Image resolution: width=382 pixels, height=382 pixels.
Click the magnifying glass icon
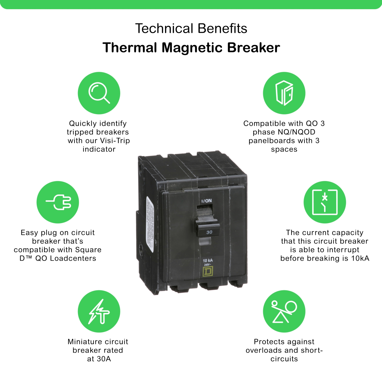[99, 93]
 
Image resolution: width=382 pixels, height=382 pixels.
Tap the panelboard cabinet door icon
[284, 93]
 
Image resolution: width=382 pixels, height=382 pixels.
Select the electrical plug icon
[58, 202]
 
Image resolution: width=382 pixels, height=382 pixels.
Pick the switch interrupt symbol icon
[325, 202]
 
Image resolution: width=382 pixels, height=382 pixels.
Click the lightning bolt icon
[99, 311]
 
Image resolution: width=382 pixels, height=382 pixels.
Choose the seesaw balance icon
[284, 311]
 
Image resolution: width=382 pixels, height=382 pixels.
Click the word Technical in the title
[164, 28]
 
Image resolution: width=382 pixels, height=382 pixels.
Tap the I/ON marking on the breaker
[207, 201]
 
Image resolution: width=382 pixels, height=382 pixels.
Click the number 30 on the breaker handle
[209, 232]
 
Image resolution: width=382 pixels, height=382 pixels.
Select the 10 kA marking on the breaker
[208, 260]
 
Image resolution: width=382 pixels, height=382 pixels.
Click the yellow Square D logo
[208, 272]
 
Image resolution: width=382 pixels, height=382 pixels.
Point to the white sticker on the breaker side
[150, 224]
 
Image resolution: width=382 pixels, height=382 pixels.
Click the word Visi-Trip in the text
[115, 141]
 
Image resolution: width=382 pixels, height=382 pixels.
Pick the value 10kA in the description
[360, 258]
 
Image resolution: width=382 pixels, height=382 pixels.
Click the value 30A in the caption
[104, 359]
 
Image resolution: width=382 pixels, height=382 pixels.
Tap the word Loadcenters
[73, 258]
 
